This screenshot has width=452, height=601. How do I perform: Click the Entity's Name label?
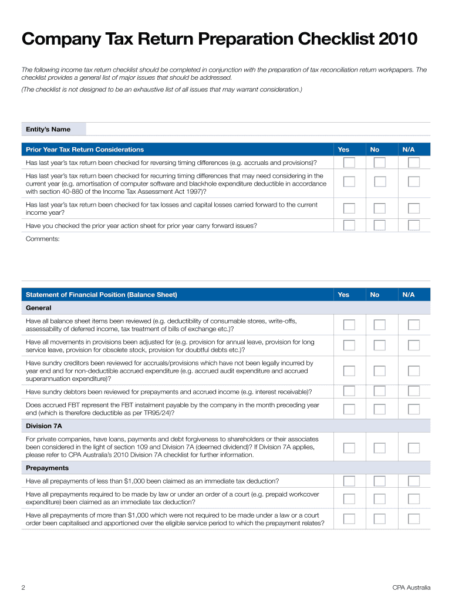[48, 129]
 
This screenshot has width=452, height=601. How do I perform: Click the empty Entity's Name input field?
[258, 129]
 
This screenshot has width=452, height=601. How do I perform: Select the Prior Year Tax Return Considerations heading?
[85, 150]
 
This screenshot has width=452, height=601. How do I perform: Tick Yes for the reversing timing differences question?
[349, 163]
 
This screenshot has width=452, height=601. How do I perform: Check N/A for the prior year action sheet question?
[414, 225]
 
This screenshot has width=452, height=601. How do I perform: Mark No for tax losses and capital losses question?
[380, 208]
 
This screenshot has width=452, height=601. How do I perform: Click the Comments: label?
[43, 239]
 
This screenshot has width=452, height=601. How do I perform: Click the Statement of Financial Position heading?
[102, 295]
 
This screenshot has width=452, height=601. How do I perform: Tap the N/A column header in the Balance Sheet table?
[409, 295]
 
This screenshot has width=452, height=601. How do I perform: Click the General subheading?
[39, 308]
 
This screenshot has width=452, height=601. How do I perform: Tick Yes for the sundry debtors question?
[349, 391]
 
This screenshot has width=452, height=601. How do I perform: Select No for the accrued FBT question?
[380, 408]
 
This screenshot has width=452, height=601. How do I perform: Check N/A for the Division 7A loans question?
[414, 448]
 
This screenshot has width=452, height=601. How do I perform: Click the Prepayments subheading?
[48, 468]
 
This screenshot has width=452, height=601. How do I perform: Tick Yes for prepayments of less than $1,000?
[349, 481]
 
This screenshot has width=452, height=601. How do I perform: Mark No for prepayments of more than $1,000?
[380, 519]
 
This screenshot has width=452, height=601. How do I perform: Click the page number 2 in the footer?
[23, 588]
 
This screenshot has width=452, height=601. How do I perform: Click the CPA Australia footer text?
[411, 588]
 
